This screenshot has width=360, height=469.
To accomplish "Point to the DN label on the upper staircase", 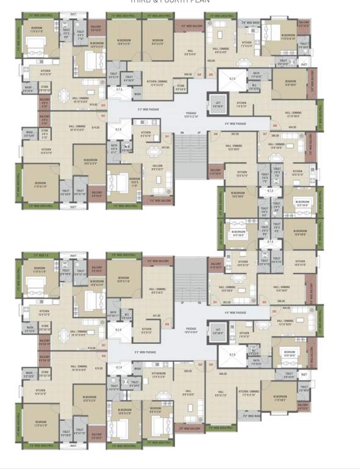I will point(182,133).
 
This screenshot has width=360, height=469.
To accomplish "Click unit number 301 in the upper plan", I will point(167,136).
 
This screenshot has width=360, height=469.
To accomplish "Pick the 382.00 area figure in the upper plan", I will point(235,134).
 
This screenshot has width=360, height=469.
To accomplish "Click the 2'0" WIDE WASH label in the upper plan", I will point(250,23).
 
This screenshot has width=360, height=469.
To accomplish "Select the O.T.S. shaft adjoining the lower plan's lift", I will point(232,354).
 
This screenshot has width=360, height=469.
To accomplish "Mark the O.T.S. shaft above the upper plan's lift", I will point(232,78).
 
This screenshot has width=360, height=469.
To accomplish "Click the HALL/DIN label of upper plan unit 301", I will point(157,166).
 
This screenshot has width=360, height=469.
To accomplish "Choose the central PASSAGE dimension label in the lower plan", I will point(192,332).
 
